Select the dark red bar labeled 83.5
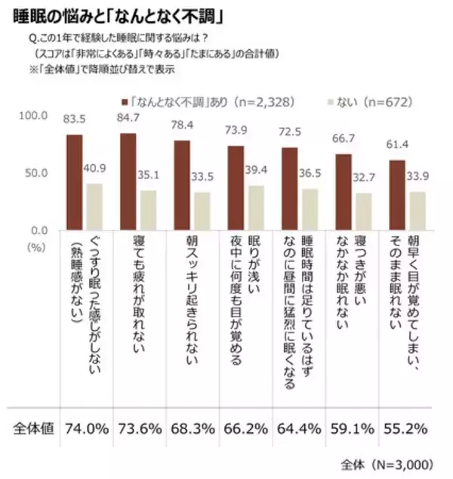click(x=74, y=182)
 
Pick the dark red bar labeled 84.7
click(x=128, y=181)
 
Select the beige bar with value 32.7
click(x=362, y=211)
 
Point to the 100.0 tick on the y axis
click(x=35, y=116)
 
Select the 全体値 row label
click(x=34, y=428)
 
